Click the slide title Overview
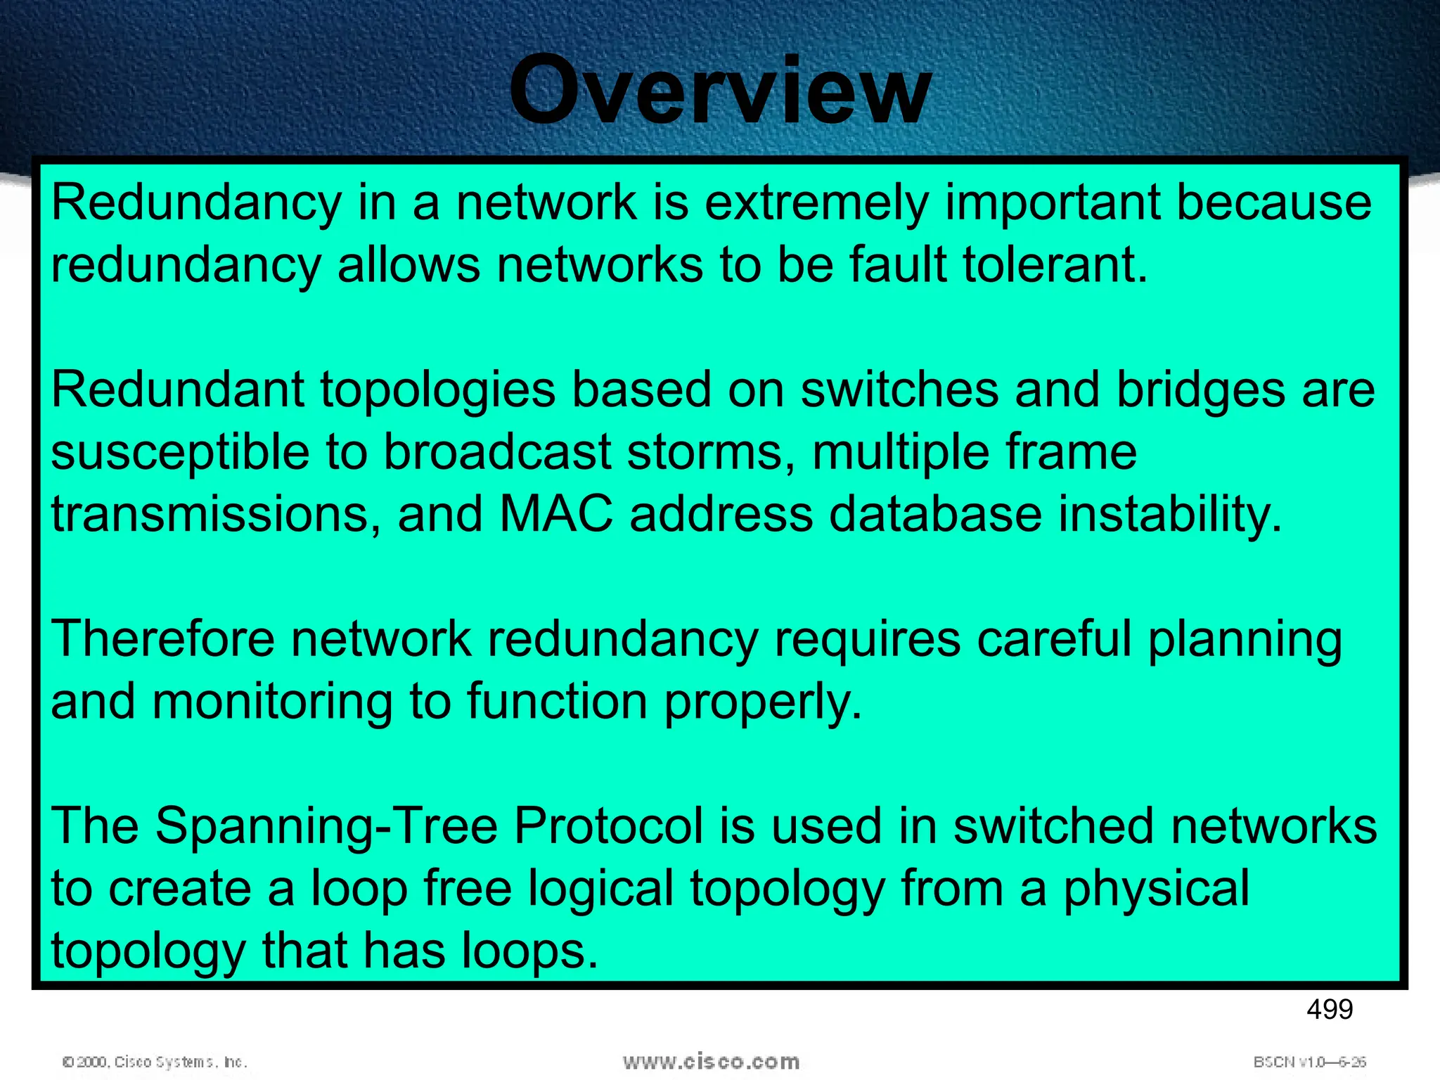720,91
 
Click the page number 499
1329,1010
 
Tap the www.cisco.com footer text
711,1062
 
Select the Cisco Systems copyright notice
155,1062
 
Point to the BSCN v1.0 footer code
1309,1062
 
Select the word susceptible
180,454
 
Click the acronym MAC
555,515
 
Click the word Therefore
162,640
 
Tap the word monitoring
272,703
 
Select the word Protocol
608,827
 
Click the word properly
763,703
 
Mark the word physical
1157,889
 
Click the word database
935,515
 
